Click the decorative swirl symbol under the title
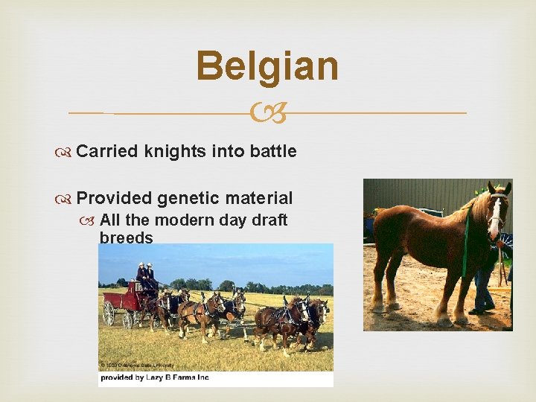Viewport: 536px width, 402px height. tap(267, 113)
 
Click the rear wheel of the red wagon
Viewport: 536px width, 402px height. tap(109, 313)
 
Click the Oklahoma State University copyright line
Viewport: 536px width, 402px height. tap(138, 365)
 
